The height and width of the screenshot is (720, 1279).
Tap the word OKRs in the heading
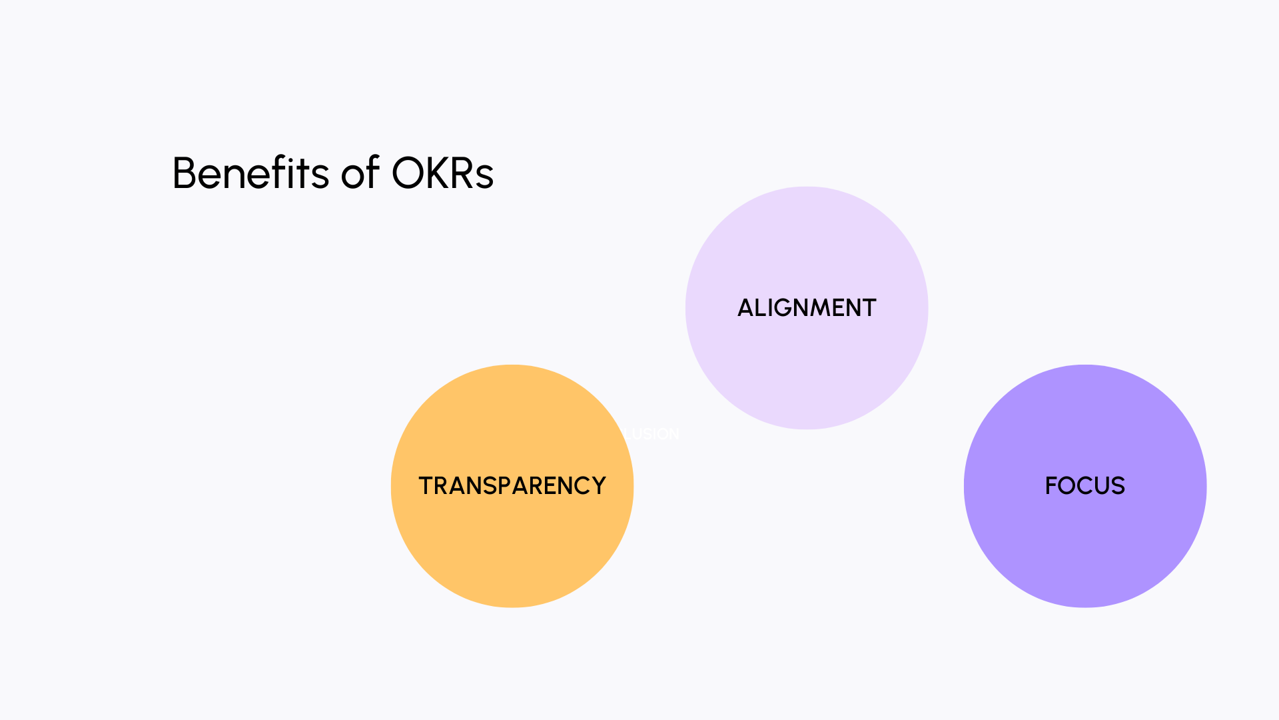pyautogui.click(x=442, y=173)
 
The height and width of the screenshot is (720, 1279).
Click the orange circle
pyautogui.click(x=512, y=547)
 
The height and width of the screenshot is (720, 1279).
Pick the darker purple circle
pyautogui.click(x=1084, y=547)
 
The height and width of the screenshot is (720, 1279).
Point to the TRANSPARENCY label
pyautogui.click(x=512, y=486)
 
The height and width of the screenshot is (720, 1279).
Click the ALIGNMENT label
pyautogui.click(x=806, y=308)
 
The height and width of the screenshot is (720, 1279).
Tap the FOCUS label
pyautogui.click(x=1084, y=486)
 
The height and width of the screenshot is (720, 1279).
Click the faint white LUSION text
pyautogui.click(x=653, y=434)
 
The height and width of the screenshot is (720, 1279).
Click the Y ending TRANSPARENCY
pyautogui.click(x=598, y=486)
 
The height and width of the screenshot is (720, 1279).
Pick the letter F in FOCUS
pyautogui.click(x=1052, y=486)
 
